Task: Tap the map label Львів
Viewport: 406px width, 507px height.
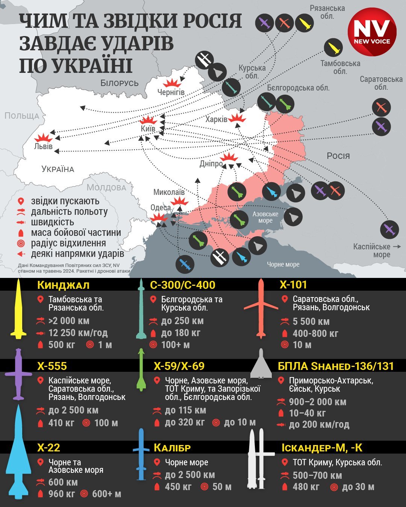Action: [43, 146]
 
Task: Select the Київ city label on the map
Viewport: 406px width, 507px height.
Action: [148, 128]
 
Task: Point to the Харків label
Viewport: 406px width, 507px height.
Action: [216, 119]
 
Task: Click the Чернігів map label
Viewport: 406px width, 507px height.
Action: [171, 92]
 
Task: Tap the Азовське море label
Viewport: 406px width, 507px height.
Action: [265, 217]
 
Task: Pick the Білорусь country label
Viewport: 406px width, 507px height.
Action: [120, 83]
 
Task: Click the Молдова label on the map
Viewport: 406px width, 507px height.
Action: [106, 187]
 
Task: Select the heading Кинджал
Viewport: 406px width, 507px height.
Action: [63, 285]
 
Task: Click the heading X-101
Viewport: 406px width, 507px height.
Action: [293, 285]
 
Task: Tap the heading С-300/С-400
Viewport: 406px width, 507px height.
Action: [182, 285]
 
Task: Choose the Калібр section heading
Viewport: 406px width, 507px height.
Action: [172, 448]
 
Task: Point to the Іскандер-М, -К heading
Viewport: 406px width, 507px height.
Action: [322, 448]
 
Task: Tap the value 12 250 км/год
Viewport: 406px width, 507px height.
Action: [78, 333]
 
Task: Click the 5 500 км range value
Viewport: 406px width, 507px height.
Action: [311, 321]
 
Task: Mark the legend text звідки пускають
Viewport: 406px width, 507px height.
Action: [65, 201]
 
